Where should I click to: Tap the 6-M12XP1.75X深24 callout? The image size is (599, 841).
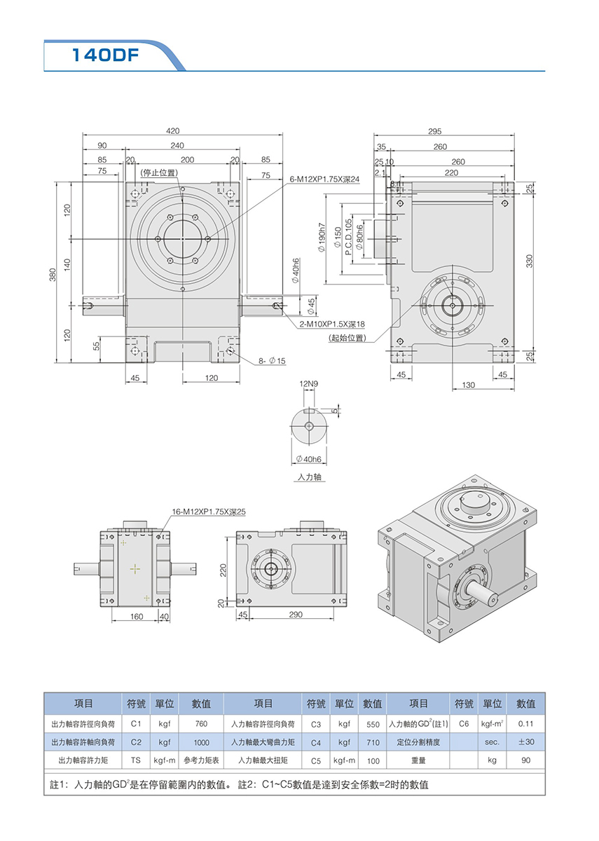point(325,179)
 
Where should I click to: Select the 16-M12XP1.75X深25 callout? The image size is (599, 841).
point(209,512)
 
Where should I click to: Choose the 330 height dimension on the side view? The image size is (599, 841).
point(530,261)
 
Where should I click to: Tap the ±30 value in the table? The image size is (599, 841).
point(525,741)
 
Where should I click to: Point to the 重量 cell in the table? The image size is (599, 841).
point(418,760)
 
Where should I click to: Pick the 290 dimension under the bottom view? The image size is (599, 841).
point(295,614)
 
